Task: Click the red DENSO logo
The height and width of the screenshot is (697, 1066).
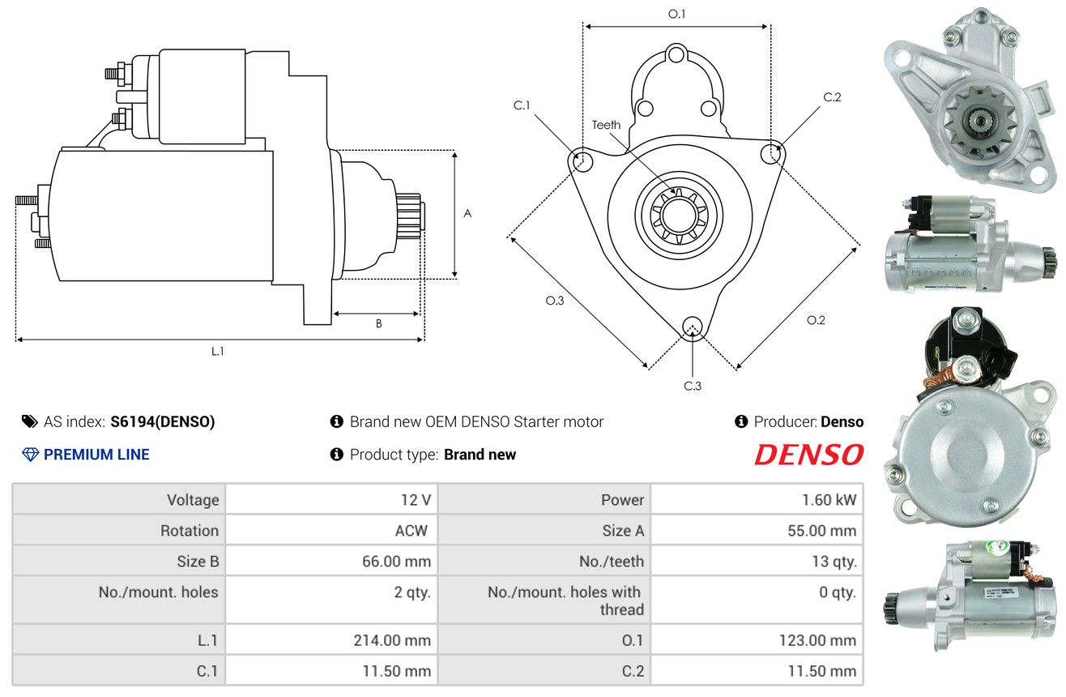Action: point(808,454)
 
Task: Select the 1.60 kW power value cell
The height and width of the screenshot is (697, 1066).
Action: point(829,499)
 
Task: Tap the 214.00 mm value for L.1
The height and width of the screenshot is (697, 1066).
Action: point(392,640)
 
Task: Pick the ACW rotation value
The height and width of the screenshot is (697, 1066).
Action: point(411,530)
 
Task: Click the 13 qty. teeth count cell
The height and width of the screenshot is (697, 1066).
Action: point(834,562)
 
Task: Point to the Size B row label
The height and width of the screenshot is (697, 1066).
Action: point(198,562)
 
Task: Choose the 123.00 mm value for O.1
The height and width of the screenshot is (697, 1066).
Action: point(817,640)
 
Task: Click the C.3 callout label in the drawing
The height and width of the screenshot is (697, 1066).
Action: point(693,386)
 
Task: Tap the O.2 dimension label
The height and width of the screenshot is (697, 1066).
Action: point(816,320)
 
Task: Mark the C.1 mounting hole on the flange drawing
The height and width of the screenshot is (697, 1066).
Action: point(581,160)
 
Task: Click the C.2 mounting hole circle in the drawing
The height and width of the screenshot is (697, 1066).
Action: point(771,153)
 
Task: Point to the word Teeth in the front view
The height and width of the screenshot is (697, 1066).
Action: point(606,125)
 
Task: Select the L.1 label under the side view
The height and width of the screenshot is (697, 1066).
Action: point(217,352)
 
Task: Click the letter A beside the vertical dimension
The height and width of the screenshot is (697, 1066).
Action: point(467,213)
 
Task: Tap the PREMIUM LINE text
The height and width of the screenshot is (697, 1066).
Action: point(96,454)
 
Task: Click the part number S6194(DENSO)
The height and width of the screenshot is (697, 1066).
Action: point(162,421)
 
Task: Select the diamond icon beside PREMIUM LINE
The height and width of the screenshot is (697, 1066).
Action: point(31,455)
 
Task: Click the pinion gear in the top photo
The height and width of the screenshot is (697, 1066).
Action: point(981,122)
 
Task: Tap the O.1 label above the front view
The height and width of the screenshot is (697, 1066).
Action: point(676,14)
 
